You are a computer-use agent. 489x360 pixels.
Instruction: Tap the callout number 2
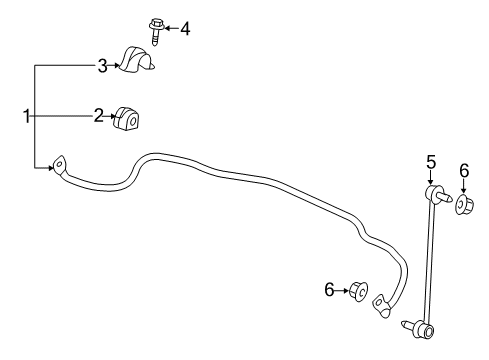point(99,117)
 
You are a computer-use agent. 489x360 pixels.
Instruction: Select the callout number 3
point(102,66)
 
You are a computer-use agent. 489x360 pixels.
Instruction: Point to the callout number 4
point(184,29)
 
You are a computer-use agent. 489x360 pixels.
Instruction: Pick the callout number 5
point(431,161)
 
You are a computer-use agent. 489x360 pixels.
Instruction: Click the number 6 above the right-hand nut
point(463,171)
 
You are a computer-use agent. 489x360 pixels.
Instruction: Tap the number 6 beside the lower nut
point(328,289)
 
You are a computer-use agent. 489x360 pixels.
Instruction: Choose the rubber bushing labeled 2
point(127,118)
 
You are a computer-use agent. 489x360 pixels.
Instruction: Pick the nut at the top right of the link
point(465,205)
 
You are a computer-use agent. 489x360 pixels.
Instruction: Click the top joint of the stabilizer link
point(433,192)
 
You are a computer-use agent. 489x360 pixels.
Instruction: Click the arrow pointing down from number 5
point(431,176)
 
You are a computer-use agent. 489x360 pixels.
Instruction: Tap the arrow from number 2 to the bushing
point(111,117)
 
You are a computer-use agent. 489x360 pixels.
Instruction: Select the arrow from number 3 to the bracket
point(114,66)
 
